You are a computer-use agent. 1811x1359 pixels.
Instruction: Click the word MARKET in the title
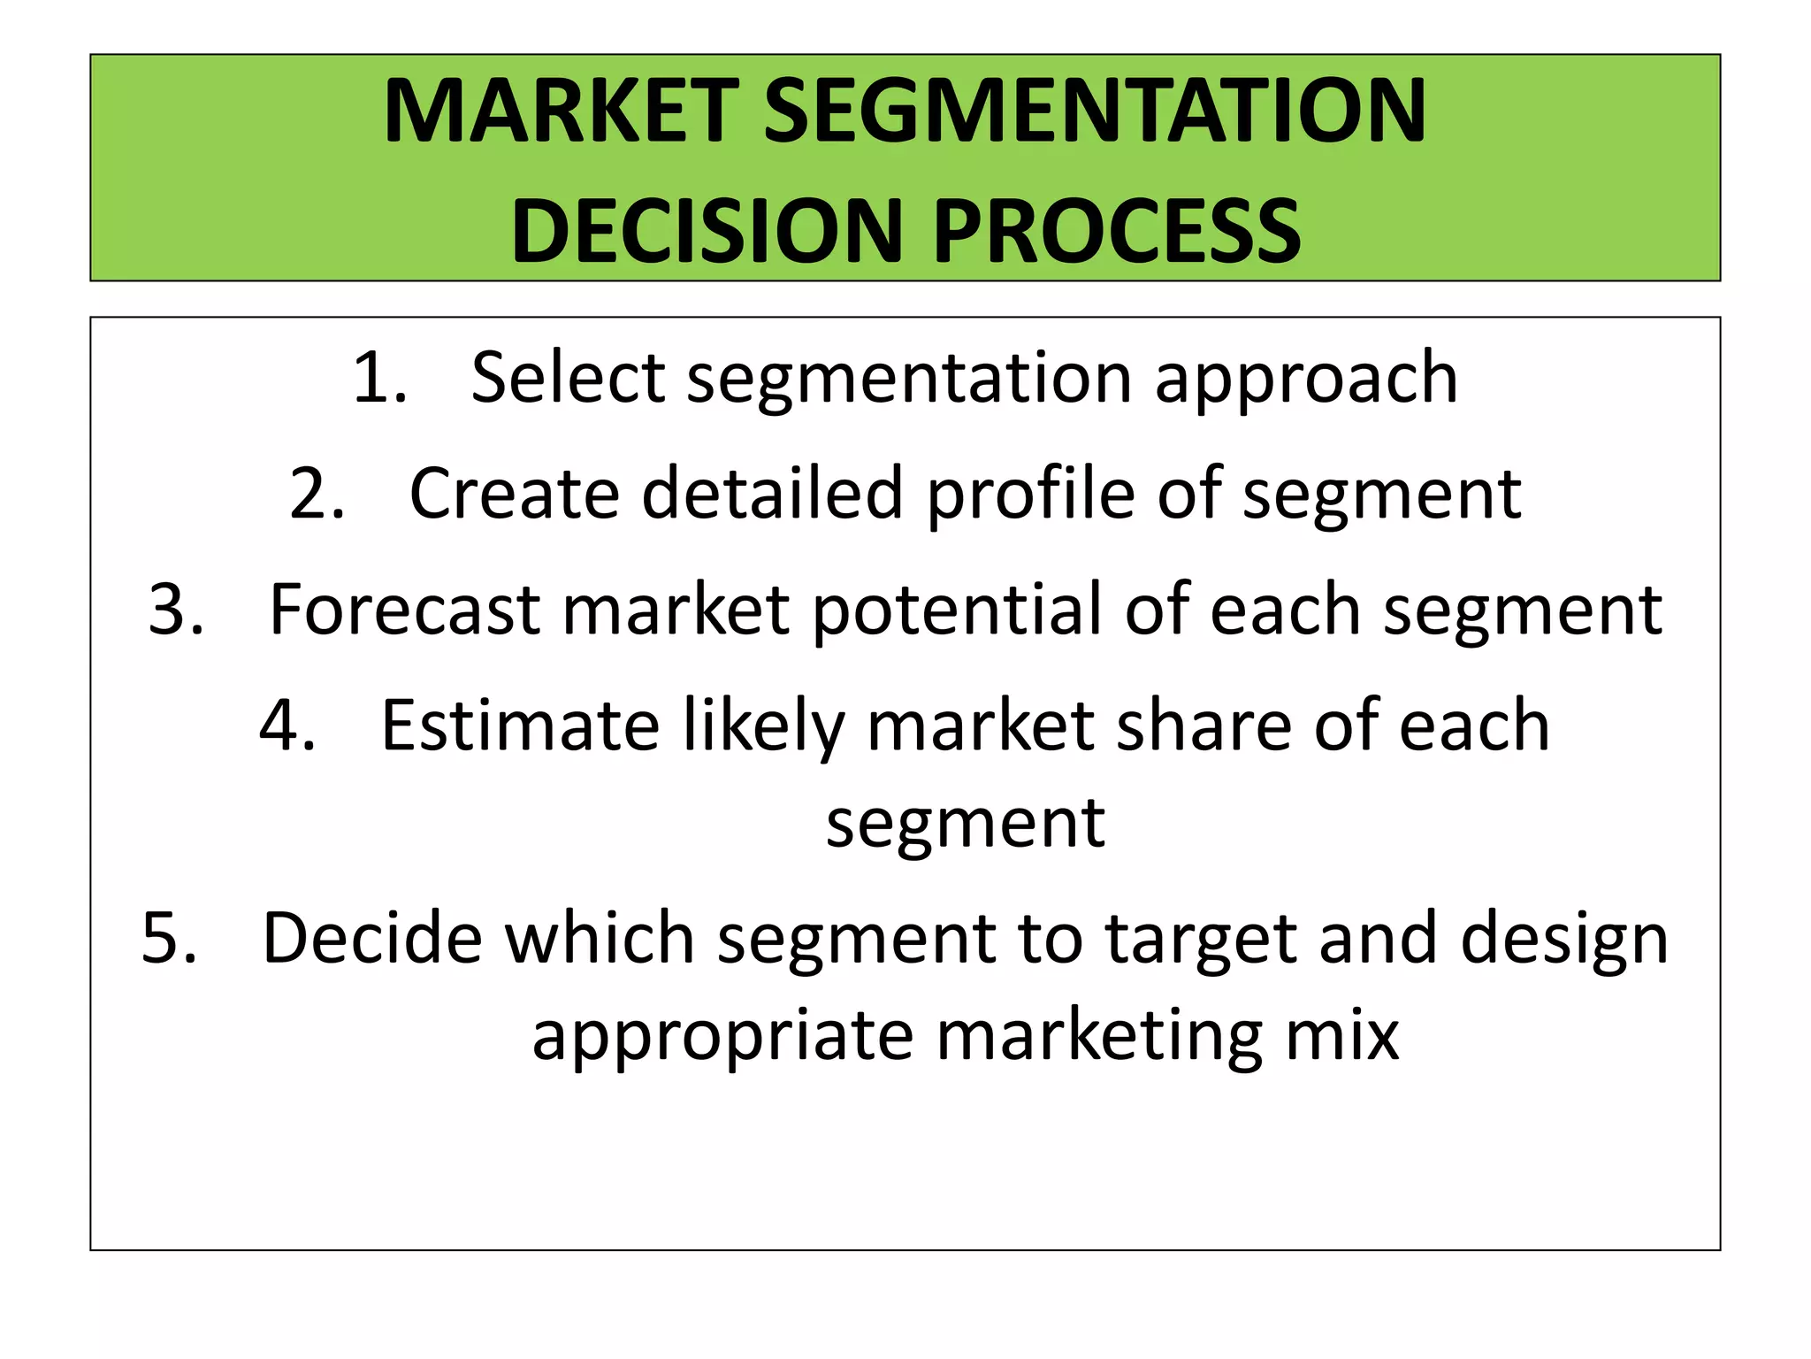click(561, 112)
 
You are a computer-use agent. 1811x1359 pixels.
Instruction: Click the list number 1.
click(378, 379)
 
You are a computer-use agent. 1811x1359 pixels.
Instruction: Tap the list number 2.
click(316, 495)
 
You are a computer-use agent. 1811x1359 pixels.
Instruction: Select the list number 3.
click(175, 610)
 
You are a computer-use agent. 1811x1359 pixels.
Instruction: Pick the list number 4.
click(287, 726)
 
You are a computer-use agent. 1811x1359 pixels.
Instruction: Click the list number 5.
click(168, 939)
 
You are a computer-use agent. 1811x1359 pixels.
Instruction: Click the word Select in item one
click(567, 379)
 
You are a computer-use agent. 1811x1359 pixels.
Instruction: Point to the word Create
click(514, 495)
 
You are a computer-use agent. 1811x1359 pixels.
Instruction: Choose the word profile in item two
click(1030, 495)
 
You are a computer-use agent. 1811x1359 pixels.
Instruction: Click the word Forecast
click(404, 610)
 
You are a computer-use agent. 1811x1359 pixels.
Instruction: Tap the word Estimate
click(520, 726)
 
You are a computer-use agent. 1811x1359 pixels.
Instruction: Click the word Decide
click(372, 939)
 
